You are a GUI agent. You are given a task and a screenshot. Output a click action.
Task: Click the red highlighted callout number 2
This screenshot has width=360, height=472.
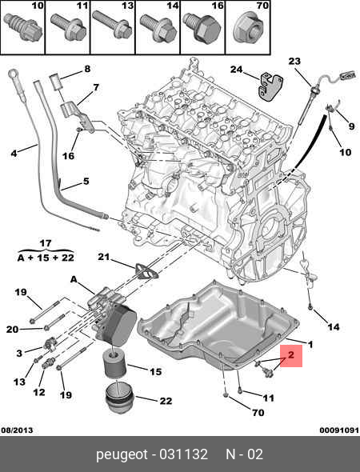[x=290, y=355]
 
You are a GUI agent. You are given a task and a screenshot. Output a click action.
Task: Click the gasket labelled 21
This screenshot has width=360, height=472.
[x=146, y=272]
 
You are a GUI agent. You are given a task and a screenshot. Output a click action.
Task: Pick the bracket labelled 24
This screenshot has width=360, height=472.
[x=270, y=86]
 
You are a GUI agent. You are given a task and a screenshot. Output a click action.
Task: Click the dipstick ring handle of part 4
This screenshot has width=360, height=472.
[x=14, y=74]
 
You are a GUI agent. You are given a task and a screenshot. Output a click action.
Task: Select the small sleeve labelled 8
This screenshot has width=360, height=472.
[x=56, y=82]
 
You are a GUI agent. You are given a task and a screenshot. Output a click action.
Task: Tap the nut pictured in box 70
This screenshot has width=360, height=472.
[x=248, y=29]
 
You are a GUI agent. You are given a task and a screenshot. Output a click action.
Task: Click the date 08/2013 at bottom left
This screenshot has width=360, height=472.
[x=17, y=430]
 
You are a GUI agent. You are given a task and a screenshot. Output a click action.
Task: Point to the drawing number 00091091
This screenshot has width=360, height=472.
[x=339, y=430]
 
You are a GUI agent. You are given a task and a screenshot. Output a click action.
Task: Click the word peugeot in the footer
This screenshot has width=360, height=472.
[x=122, y=454]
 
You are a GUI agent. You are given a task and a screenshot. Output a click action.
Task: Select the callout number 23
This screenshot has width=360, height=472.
[x=294, y=62]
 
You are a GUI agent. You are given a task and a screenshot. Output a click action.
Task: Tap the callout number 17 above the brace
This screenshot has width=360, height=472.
[x=46, y=243]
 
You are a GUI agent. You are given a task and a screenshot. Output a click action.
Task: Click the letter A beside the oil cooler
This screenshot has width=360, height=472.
[x=74, y=280]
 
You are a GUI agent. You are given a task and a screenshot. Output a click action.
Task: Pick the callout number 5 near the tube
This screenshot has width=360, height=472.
[x=86, y=182]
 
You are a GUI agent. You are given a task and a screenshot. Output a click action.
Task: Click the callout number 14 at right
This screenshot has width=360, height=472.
[x=334, y=326]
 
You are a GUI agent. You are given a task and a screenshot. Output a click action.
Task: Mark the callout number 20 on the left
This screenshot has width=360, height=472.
[x=12, y=330]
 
